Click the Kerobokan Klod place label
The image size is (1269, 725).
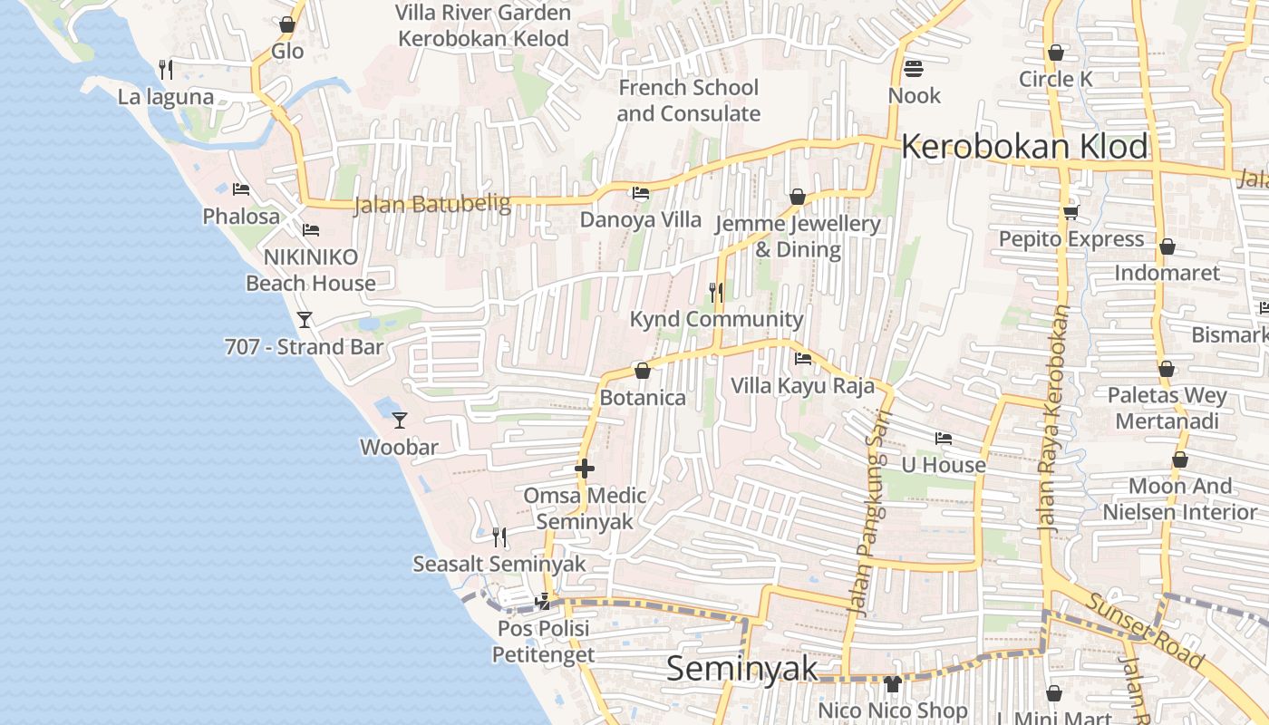(1024, 147)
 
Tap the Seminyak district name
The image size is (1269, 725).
(741, 669)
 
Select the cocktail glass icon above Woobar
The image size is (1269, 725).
(399, 420)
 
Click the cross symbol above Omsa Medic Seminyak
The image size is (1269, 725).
(585, 469)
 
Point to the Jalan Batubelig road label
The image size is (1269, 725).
(431, 204)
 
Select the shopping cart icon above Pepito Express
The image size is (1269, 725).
(1070, 213)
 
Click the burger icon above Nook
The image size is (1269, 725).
(913, 69)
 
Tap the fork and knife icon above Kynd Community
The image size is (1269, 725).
(716, 292)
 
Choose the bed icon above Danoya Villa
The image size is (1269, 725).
(640, 193)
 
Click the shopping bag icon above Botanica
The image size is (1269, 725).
(643, 371)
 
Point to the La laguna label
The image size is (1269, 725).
(166, 97)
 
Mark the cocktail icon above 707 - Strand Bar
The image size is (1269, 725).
(305, 319)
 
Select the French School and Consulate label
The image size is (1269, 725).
(688, 101)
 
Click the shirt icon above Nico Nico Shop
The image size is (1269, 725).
(892, 683)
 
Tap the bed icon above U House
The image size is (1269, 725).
(944, 439)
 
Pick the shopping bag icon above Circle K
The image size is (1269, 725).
(1055, 53)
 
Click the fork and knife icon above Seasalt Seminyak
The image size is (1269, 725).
(499, 536)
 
